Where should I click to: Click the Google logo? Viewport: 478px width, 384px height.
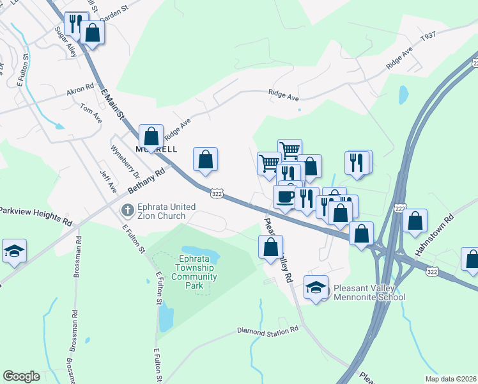coord(21,376)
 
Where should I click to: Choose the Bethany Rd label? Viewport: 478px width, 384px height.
coord(146,181)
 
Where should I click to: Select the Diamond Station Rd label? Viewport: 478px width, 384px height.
coord(268,330)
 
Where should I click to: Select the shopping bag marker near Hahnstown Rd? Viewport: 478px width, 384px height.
coord(415,221)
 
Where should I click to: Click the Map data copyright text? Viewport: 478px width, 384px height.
coord(453,378)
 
